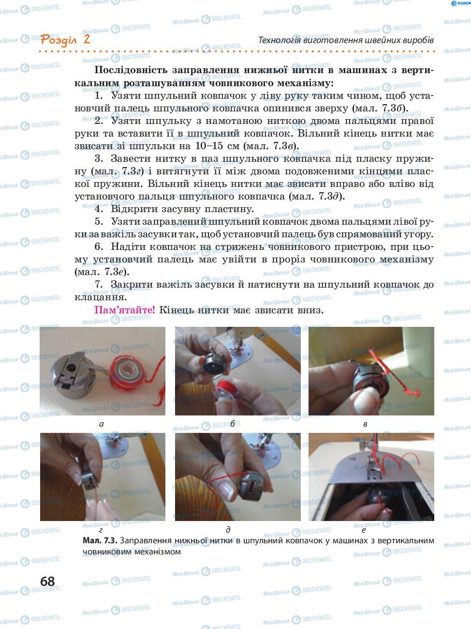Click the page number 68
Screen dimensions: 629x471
47,581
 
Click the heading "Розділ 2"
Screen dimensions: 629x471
65,39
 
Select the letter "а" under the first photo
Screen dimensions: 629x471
101,424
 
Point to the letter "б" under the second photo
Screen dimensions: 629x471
232,424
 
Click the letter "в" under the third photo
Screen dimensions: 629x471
365,424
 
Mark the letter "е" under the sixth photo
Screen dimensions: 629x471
363,530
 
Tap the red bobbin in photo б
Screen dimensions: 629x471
230,394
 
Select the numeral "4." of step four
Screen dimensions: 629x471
99,209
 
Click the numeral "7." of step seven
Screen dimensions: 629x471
99,285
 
